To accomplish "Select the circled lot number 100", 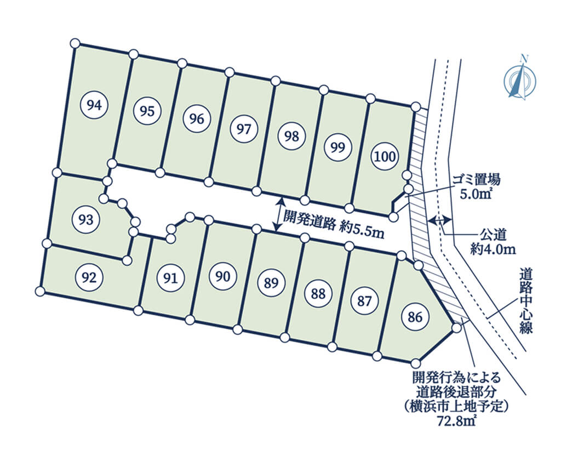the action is [x=385, y=156].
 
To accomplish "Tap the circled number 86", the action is [x=415, y=317].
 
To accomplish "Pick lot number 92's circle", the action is [x=89, y=277].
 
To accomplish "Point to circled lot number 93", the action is [x=86, y=219].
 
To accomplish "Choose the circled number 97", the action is [x=244, y=129].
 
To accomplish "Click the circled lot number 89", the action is [x=271, y=282].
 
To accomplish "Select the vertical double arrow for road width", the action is [x=279, y=214].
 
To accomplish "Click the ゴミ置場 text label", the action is [x=476, y=180].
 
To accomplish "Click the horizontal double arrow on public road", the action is [x=440, y=220].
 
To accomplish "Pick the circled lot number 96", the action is [x=196, y=118].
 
